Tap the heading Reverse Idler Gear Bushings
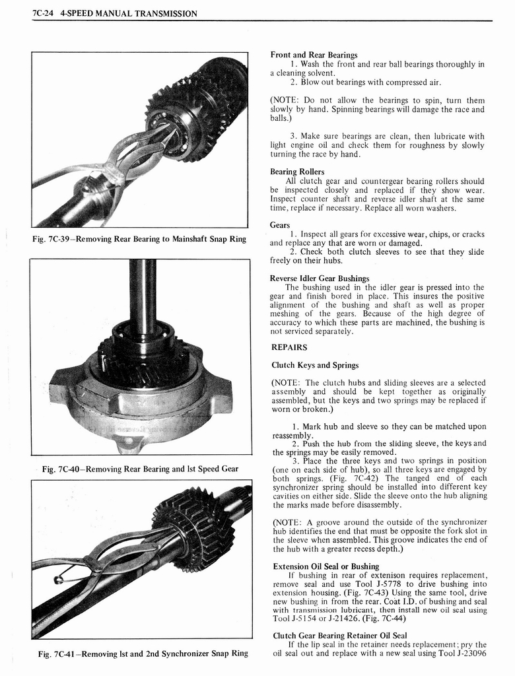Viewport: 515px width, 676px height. pos(320,278)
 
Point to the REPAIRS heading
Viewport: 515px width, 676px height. pos(289,347)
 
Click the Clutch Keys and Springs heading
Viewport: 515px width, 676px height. pos(315,365)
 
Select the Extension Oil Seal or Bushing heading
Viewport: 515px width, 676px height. pos(326,566)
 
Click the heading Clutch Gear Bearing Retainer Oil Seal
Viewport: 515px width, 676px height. pos(340,636)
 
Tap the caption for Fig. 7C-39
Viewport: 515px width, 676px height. pos(139,238)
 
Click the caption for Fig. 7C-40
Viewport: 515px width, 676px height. pos(139,469)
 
